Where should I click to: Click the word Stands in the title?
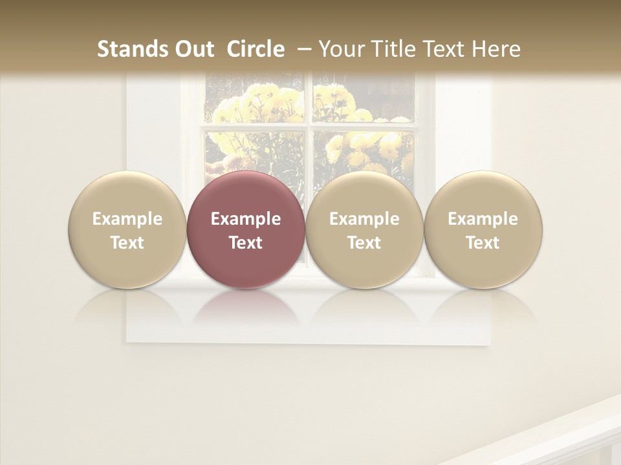tap(127, 49)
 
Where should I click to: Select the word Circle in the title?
tap(256, 49)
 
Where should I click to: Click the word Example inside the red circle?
tap(246, 219)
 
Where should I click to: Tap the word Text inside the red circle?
tap(246, 243)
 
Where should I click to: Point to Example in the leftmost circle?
tap(127, 219)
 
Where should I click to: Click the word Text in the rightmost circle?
tap(483, 243)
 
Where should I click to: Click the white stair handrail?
tap(556, 433)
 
